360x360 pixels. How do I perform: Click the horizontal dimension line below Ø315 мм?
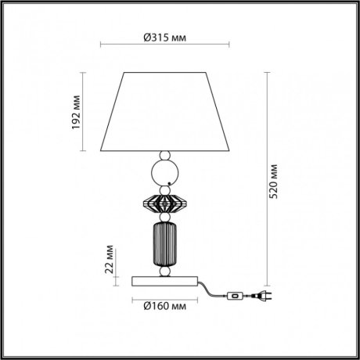[166, 47]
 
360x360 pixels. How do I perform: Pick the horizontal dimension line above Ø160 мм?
[166, 295]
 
